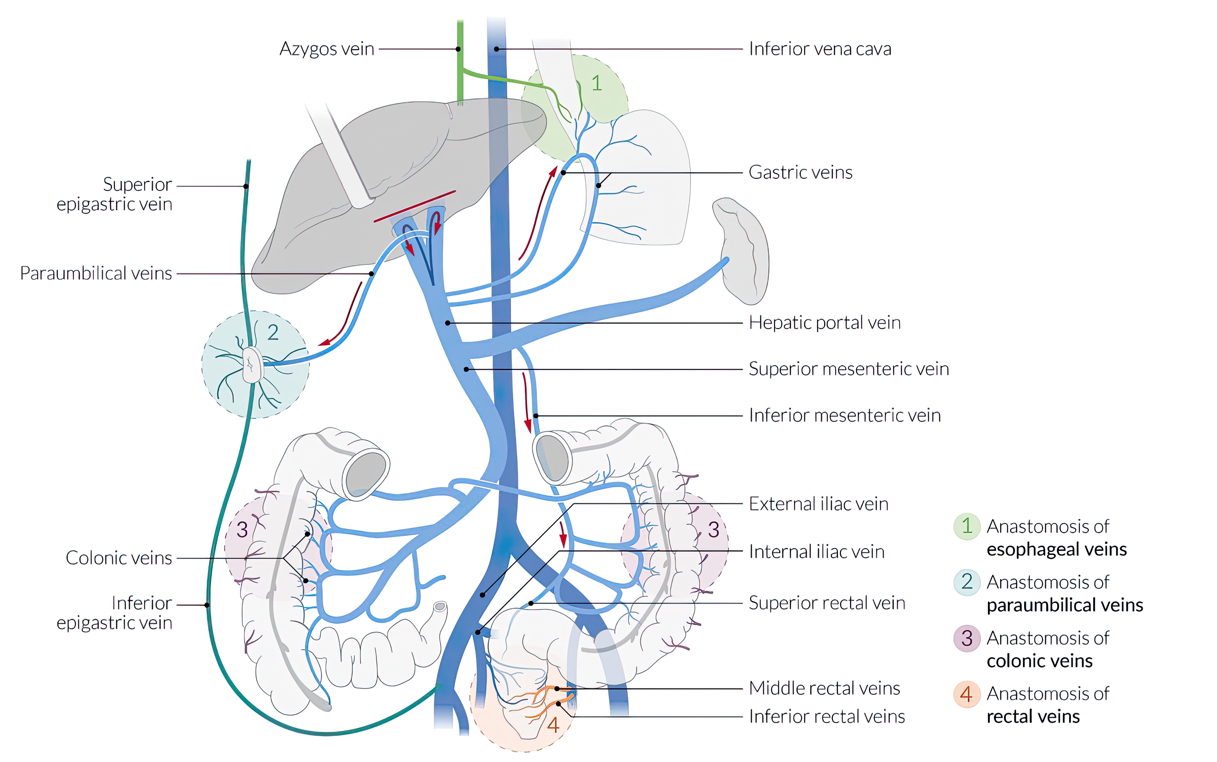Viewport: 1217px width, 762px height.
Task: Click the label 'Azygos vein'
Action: click(327, 49)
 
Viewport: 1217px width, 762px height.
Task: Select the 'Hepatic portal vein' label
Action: click(825, 323)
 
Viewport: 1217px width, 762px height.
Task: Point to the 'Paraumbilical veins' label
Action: click(96, 273)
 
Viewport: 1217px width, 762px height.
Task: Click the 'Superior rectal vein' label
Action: click(826, 603)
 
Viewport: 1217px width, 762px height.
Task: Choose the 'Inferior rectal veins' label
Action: click(826, 716)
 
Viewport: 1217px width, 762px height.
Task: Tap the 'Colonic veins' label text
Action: click(118, 558)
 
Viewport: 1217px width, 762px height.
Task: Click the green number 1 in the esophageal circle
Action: click(597, 83)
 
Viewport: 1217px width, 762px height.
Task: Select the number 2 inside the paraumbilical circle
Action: click(273, 333)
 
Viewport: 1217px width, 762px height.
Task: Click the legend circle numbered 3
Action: click(966, 639)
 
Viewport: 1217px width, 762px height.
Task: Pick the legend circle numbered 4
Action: click(966, 694)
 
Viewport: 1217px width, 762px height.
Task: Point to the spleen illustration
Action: click(743, 252)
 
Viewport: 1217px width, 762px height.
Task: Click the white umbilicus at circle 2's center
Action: click(252, 364)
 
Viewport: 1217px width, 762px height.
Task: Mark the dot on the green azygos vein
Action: click(458, 49)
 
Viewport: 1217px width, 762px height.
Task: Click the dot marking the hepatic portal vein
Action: click(447, 323)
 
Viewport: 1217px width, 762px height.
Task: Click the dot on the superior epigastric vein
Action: click(246, 186)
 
